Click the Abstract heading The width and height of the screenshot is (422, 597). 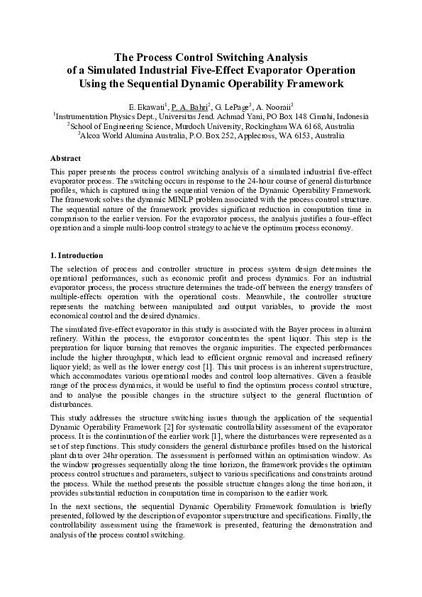[x=65, y=158]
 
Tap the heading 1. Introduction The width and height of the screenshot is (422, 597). [x=77, y=255]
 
